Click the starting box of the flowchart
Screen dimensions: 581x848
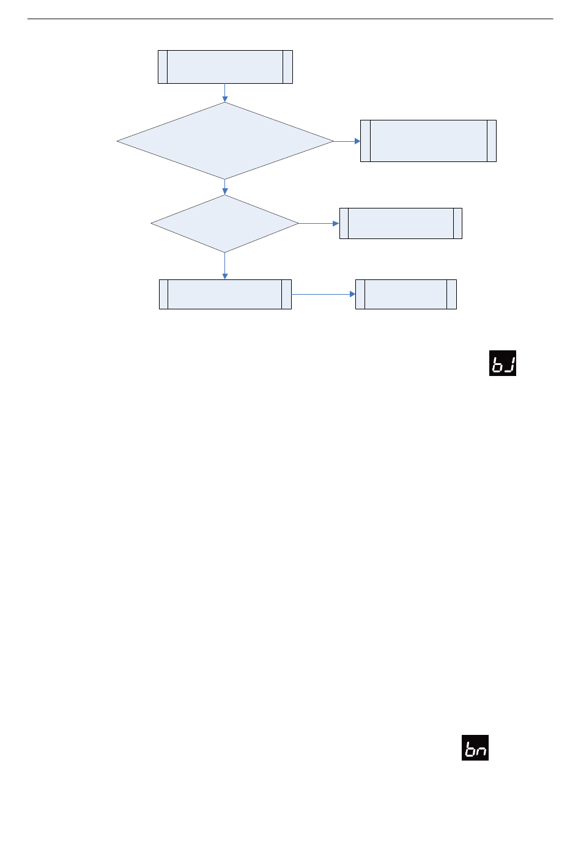click(225, 67)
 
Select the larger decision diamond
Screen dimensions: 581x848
click(225, 141)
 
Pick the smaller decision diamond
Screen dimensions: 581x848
click(225, 224)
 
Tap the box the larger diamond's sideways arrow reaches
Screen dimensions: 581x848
click(428, 141)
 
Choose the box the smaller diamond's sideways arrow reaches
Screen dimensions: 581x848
click(401, 223)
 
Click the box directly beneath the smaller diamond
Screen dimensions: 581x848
click(225, 294)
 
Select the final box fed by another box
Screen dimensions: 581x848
click(406, 294)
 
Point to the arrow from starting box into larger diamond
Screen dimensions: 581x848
click(225, 92)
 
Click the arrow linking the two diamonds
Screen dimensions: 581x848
click(225, 187)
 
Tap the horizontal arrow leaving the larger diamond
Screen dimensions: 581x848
click(347, 141)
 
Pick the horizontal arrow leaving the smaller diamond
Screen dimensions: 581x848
click(319, 223)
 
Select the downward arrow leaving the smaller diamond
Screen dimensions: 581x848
click(225, 266)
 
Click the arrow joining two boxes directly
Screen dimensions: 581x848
click(323, 294)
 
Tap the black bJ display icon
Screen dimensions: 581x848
click(503, 363)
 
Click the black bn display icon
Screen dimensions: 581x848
click(475, 748)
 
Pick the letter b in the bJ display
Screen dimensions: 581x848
click(497, 364)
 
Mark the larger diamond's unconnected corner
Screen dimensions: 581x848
click(117, 141)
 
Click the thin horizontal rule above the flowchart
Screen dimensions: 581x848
click(290, 19)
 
